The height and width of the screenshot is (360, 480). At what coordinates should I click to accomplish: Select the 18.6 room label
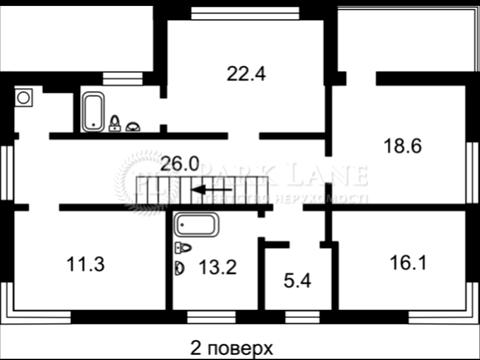pos(403,145)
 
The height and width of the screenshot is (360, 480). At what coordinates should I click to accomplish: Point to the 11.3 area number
pos(83,265)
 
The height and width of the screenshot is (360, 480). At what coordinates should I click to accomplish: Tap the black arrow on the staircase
pos(212,188)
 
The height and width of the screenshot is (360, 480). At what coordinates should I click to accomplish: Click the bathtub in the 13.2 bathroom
pos(197,225)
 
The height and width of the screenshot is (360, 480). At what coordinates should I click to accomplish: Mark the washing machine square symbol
pos(24,98)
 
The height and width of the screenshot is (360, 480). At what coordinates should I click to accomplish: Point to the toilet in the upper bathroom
pos(115,124)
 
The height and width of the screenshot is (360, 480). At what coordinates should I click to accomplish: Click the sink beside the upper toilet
pos(133,126)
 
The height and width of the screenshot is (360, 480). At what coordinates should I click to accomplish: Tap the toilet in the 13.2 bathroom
pos(183,248)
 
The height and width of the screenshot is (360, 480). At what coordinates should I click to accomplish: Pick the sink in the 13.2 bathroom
pos(180,267)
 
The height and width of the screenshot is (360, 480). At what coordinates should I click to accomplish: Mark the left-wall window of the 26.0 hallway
pos(8,172)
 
